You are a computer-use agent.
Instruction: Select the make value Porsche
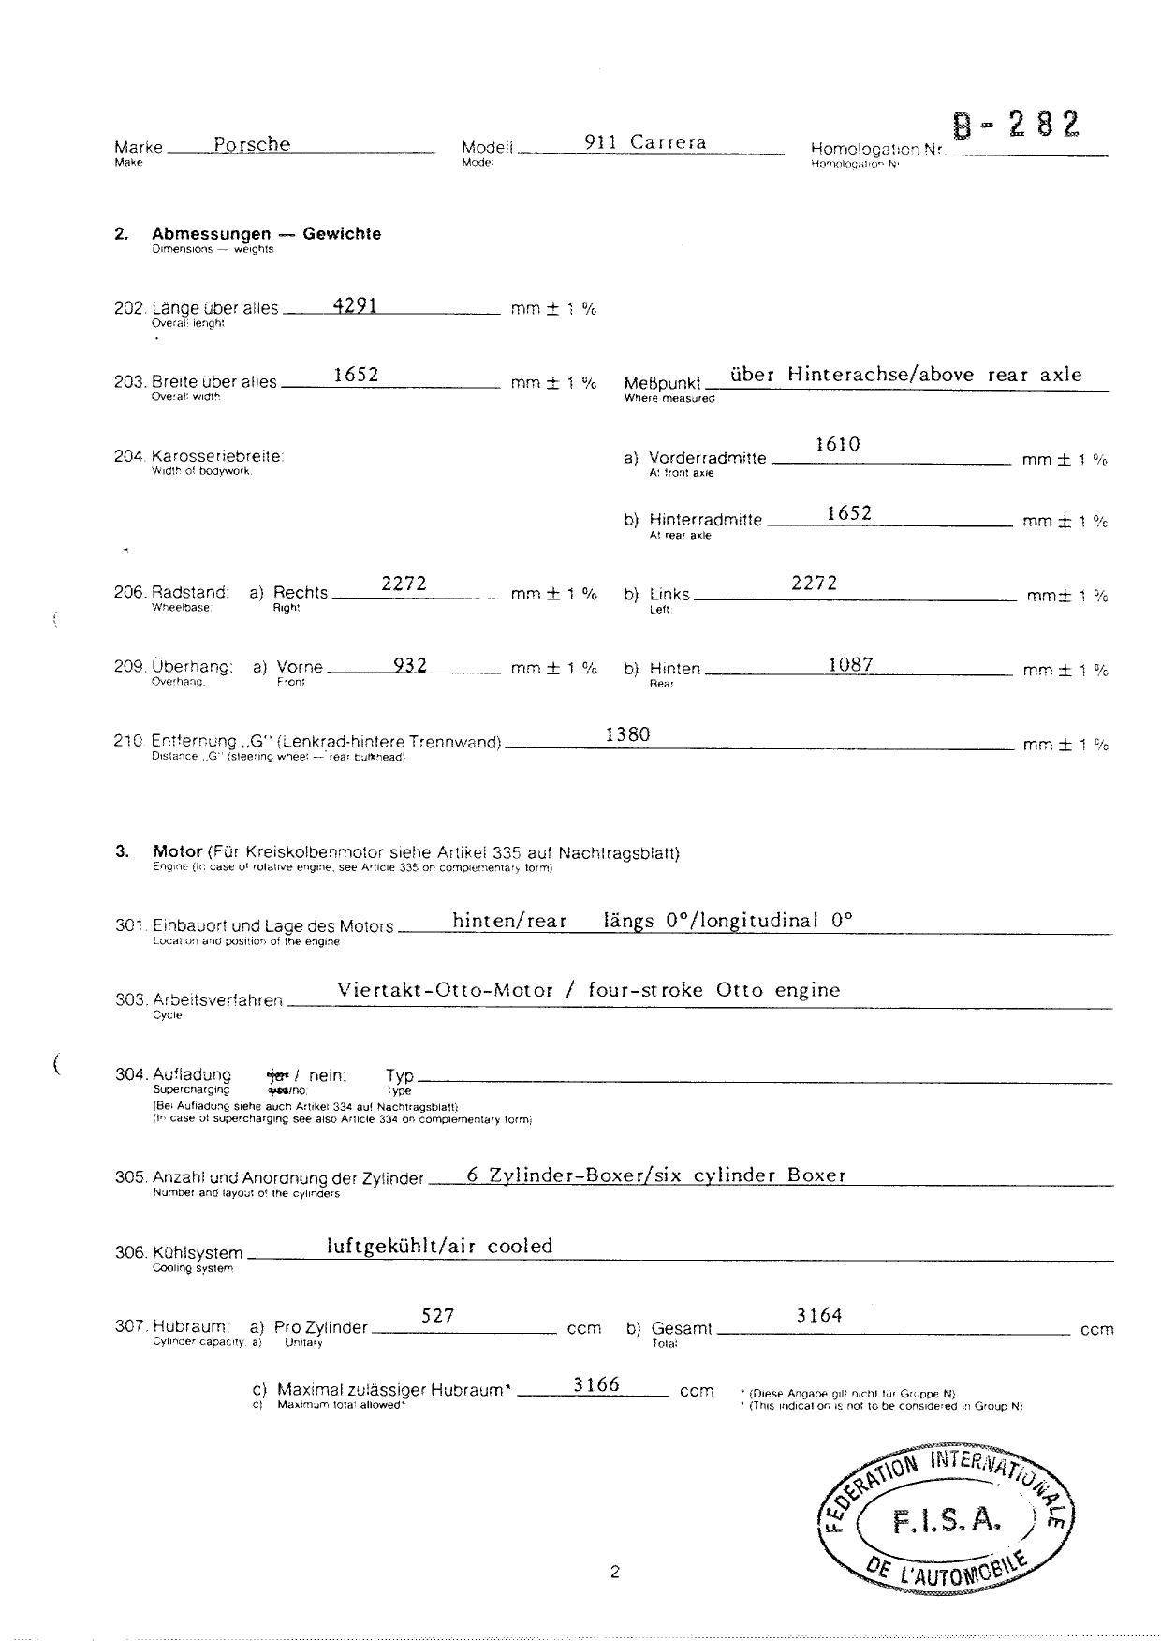tap(252, 144)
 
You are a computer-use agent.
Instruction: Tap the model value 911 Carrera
tap(645, 142)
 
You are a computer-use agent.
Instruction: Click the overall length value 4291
tap(356, 305)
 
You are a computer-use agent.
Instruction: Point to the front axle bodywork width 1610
tap(837, 445)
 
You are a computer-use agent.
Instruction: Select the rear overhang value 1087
tap(850, 665)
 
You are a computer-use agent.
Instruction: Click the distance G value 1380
tap(627, 734)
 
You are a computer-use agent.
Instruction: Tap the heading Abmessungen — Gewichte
tap(267, 234)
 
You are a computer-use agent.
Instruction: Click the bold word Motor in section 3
tap(178, 851)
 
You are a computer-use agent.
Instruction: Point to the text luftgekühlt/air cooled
tap(439, 1246)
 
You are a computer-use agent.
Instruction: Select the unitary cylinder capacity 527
tap(437, 1316)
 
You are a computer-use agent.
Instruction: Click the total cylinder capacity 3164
tap(819, 1316)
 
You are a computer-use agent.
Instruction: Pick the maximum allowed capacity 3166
tap(596, 1384)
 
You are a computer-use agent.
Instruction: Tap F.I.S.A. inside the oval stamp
tap(947, 1522)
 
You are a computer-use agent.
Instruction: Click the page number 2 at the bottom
tap(614, 1573)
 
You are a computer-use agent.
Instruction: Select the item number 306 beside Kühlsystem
tap(130, 1253)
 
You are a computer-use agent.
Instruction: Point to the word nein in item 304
tap(327, 1076)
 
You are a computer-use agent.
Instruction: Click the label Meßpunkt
tap(662, 383)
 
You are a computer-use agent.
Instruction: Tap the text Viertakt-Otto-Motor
tap(445, 990)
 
